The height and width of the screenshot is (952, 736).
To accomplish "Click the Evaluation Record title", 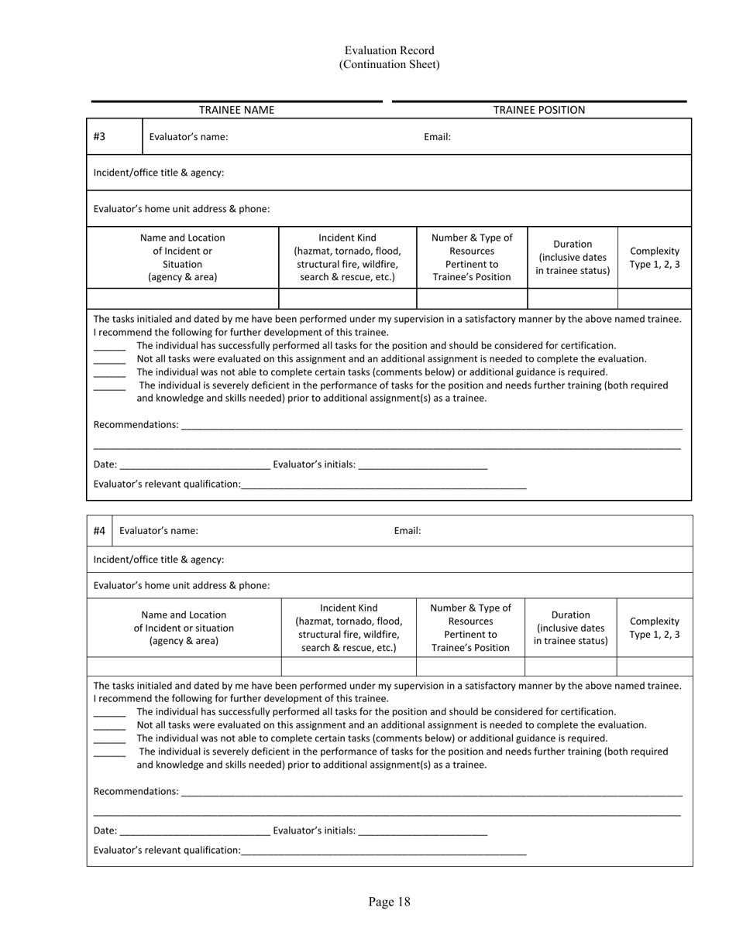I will coord(389,51).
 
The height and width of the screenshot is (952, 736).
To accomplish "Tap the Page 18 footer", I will coord(389,902).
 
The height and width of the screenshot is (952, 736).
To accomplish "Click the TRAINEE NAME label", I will coord(236,110).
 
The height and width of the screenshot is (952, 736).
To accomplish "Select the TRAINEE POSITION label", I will coord(539,110).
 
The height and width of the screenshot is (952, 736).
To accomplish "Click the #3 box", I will coord(100,136).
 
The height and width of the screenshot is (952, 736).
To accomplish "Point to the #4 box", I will coord(99,531).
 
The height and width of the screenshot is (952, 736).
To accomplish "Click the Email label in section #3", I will coord(437,137).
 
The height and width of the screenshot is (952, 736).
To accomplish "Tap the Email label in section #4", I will coord(407,531).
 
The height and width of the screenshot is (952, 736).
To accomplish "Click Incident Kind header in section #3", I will coord(347,257).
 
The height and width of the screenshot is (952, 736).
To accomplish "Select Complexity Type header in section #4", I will coord(654,628).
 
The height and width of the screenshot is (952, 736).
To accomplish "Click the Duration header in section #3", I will coord(573,257).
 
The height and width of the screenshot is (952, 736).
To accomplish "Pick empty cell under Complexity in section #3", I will coord(654,298).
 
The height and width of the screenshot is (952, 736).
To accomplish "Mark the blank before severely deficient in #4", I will coord(109,753).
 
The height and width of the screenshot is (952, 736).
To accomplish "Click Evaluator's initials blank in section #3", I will coord(423,466).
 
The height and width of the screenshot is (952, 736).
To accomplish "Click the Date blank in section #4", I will coord(194,832).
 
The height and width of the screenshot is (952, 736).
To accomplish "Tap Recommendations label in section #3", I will coord(136,424).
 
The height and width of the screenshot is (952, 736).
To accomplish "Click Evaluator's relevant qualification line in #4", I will coord(383,851).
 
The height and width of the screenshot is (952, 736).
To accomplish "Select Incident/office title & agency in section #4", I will coord(159,559).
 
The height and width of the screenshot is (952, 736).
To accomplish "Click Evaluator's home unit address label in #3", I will coord(181,209).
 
